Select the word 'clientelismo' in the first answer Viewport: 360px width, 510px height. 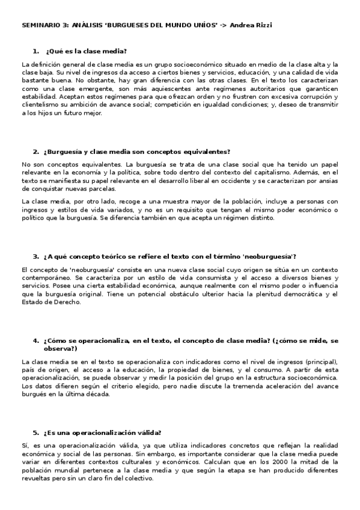(x=40, y=103)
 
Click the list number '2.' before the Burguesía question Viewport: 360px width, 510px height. (x=36, y=152)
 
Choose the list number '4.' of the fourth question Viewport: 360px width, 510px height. (x=36, y=340)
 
